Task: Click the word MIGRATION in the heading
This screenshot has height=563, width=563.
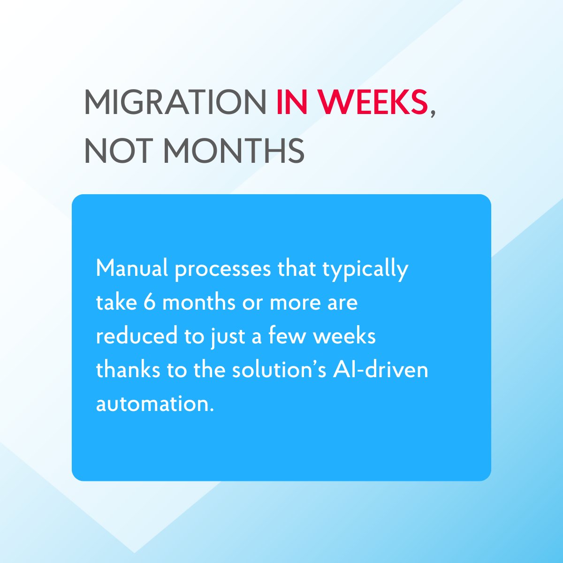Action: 175,102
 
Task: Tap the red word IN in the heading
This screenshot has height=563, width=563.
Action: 291,102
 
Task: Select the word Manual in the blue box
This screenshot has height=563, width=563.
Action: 132,268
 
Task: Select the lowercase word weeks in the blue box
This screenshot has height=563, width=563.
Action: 344,336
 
